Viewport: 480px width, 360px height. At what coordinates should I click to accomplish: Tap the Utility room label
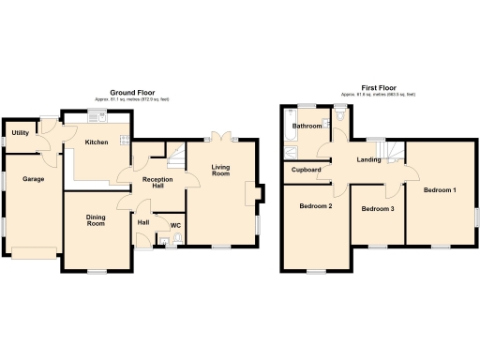click(19, 134)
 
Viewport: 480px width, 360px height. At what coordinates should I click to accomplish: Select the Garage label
click(34, 178)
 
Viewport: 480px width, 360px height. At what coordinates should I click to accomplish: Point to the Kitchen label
click(97, 142)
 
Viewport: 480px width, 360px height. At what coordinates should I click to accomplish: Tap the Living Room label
click(220, 170)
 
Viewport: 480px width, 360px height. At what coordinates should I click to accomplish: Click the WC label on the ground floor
click(175, 225)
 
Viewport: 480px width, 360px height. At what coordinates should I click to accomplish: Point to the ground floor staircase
click(173, 151)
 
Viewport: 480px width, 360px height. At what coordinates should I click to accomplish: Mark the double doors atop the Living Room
click(220, 137)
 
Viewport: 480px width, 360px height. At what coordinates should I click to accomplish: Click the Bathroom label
click(307, 126)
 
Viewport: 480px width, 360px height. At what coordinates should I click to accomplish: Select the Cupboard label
click(307, 170)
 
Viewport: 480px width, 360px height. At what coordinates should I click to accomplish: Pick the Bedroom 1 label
click(439, 190)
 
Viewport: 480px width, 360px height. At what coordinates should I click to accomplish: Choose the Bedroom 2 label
click(316, 206)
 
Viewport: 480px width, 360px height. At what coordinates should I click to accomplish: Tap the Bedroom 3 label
click(377, 208)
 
